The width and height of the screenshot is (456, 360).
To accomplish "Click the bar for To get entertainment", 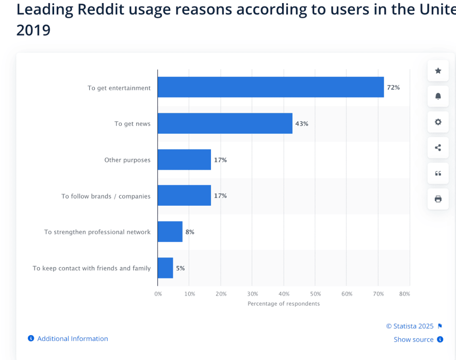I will [x=270, y=87].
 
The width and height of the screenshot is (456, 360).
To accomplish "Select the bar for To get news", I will [x=225, y=123].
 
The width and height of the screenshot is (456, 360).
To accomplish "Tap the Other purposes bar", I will [x=184, y=159].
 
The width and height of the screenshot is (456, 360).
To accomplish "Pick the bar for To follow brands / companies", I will [x=184, y=195].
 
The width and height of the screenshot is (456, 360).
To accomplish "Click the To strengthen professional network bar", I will [x=170, y=232].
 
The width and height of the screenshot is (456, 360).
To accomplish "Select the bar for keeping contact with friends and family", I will [x=165, y=268].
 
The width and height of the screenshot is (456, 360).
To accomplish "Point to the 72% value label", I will [x=393, y=88].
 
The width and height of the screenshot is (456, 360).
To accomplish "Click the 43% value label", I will [x=302, y=124].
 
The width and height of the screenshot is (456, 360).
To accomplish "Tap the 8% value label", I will [x=190, y=232].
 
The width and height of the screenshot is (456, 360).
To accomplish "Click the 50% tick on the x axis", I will [x=315, y=294].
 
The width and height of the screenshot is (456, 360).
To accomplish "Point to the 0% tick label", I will [x=158, y=294].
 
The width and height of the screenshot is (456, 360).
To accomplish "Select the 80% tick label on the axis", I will [x=404, y=294].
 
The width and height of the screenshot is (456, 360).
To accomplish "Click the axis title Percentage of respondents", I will [x=283, y=304].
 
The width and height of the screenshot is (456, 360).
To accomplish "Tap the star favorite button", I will [x=438, y=71].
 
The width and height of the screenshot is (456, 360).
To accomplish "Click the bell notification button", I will [x=438, y=96].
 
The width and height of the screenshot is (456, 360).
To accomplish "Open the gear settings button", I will [x=438, y=122].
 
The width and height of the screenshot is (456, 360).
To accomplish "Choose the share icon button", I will [x=438, y=148].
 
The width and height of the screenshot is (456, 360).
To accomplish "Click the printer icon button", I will [x=438, y=199].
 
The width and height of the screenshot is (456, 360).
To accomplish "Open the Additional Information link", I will [x=72, y=339].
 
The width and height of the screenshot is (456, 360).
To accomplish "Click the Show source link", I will [x=414, y=339].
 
